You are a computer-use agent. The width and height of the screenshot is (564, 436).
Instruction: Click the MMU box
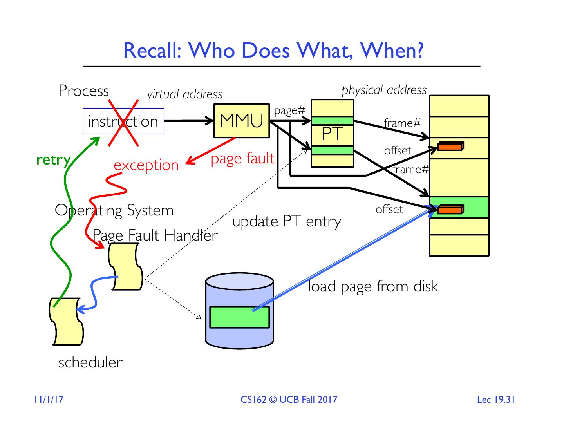point(241,121)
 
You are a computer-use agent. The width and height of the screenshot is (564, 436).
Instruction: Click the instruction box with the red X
point(123,121)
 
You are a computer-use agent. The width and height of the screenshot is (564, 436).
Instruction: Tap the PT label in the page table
point(332,134)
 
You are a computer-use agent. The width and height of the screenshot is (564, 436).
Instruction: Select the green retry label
point(54,160)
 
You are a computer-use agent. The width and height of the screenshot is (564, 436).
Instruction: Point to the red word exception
point(146,165)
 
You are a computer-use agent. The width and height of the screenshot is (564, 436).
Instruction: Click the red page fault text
point(242,158)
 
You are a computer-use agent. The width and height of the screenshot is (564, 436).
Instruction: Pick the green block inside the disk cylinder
point(239,317)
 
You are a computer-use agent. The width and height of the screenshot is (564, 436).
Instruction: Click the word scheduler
point(90,362)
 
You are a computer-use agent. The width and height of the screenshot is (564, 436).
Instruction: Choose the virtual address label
point(185,94)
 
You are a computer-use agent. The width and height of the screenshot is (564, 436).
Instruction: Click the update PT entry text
point(287,222)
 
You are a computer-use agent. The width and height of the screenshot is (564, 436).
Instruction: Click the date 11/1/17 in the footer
point(49,400)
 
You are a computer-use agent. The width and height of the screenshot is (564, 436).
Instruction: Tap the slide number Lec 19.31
point(496,400)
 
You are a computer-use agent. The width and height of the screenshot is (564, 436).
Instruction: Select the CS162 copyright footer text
point(289,400)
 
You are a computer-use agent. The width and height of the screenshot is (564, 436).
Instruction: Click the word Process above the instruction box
point(83,91)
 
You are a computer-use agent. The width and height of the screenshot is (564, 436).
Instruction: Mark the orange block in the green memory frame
point(450,210)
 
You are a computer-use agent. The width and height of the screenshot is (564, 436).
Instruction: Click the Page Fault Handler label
point(155,236)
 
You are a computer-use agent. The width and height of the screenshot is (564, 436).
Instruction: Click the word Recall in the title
point(152,51)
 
